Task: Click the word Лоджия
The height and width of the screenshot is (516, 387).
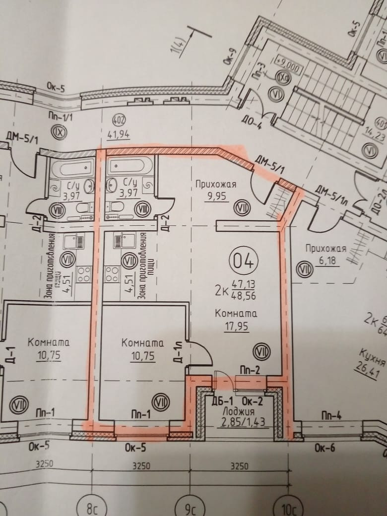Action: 239,411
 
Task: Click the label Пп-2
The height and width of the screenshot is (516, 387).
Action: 249,369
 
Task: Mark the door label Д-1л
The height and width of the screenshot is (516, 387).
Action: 181,349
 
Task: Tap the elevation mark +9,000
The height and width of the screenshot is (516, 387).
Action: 288,67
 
